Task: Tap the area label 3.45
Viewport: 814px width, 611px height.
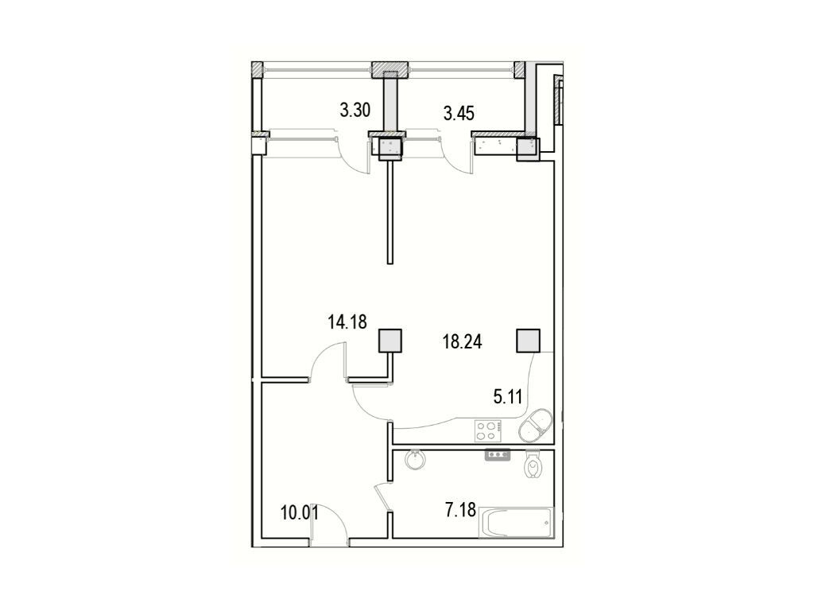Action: pyautogui.click(x=459, y=113)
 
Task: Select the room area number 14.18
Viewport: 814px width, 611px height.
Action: pyautogui.click(x=347, y=322)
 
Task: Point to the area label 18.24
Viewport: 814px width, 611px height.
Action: pyautogui.click(x=462, y=341)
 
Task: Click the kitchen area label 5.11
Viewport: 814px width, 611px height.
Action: pyautogui.click(x=507, y=398)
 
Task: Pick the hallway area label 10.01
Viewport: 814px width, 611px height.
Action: pyautogui.click(x=300, y=513)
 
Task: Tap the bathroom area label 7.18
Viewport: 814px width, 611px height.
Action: pyautogui.click(x=460, y=510)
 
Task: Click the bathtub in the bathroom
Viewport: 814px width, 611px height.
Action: pyautogui.click(x=516, y=523)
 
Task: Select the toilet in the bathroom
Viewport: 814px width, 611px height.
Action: pyautogui.click(x=533, y=464)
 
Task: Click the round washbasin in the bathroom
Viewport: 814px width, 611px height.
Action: pyautogui.click(x=415, y=459)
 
